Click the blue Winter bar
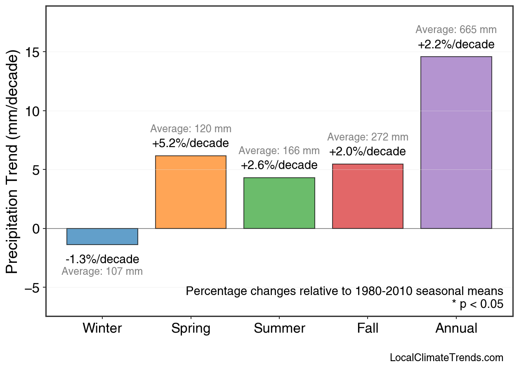coord(102,236)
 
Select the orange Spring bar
coord(191,192)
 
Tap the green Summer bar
coord(279,203)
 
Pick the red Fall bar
coord(368,196)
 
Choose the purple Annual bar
coord(456,143)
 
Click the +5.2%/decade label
coord(191,143)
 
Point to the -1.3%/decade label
coord(102,259)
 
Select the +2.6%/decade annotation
coord(279,165)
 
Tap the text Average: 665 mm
coord(456,30)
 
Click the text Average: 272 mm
coord(368,137)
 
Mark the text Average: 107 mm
coord(102,271)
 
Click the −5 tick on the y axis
coord(33,288)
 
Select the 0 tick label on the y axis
coord(37,229)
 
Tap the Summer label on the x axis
coord(279,329)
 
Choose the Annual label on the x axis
coord(456,329)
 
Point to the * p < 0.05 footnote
coord(477,304)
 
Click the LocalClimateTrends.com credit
coord(446,358)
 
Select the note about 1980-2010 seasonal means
coord(344,291)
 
